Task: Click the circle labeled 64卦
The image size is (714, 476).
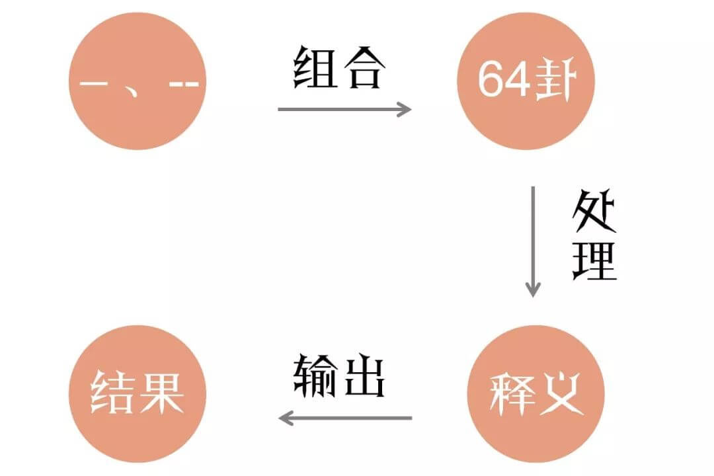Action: pos(526,81)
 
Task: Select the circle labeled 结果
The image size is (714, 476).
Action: pos(138,393)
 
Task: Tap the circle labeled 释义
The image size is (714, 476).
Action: pos(536,393)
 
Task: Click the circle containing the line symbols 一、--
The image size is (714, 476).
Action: pos(138,81)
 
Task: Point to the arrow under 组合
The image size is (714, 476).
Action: pos(344,109)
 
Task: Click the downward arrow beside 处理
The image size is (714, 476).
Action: pos(533,241)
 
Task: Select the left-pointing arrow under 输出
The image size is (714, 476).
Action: pos(345,418)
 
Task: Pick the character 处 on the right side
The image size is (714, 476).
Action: pos(594,211)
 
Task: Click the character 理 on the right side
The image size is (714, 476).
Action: pos(594,260)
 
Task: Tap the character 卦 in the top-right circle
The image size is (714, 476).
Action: pos(555,81)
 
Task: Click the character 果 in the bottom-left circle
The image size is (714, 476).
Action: pos(162,392)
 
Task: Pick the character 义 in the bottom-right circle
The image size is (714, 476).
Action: pos(561,393)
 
